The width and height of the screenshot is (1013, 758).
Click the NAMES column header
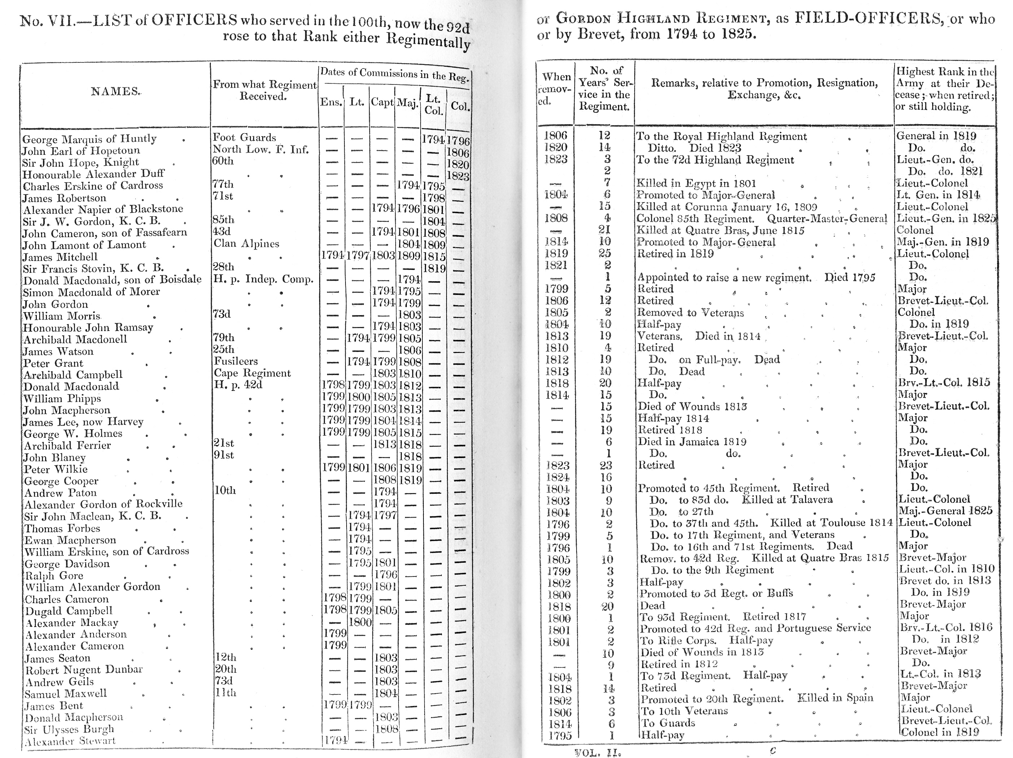tap(116, 91)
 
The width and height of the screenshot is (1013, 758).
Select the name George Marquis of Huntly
tap(89, 139)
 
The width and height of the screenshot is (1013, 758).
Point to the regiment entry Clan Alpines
tap(246, 244)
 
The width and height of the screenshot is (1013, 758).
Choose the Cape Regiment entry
tap(252, 373)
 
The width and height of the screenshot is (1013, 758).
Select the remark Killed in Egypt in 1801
tap(696, 184)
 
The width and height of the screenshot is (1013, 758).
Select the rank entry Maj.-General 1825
tap(946, 511)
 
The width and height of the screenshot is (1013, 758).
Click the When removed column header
tap(556, 89)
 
